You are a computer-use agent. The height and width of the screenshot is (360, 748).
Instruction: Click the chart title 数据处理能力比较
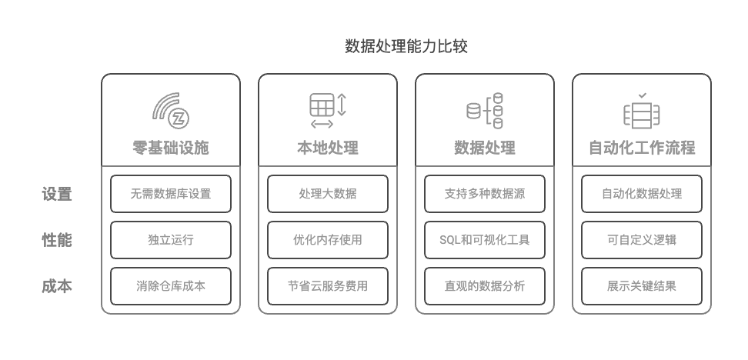[406, 46]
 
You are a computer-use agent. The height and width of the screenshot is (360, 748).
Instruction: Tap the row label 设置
[57, 194]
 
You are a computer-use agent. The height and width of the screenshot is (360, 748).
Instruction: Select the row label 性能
[57, 240]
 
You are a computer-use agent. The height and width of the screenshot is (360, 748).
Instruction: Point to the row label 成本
[57, 286]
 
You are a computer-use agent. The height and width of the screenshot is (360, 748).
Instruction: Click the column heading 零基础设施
[171, 148]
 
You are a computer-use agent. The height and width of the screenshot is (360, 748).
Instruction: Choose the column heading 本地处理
[328, 148]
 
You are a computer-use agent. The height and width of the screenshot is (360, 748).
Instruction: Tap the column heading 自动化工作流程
[642, 148]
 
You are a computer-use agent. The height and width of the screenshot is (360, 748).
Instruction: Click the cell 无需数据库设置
[171, 194]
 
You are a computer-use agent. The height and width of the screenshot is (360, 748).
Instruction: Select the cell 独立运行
[171, 240]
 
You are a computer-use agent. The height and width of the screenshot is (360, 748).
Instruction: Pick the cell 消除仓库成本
[171, 286]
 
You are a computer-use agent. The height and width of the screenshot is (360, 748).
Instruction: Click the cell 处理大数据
[328, 194]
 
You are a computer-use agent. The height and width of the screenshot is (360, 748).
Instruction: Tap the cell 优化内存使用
[328, 240]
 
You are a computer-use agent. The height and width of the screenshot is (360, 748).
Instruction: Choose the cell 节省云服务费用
[328, 286]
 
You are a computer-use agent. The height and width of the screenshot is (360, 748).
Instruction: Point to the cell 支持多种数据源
[485, 194]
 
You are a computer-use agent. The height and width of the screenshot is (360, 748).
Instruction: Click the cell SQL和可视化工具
[485, 240]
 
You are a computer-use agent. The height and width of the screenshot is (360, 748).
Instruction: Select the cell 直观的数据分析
[485, 286]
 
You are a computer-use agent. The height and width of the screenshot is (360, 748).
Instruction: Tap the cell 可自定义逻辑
[642, 240]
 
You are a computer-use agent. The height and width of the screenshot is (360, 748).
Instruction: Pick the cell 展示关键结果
[642, 286]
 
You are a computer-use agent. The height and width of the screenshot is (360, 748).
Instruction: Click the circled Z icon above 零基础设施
[179, 118]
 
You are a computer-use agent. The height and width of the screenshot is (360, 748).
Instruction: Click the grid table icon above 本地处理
[322, 105]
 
